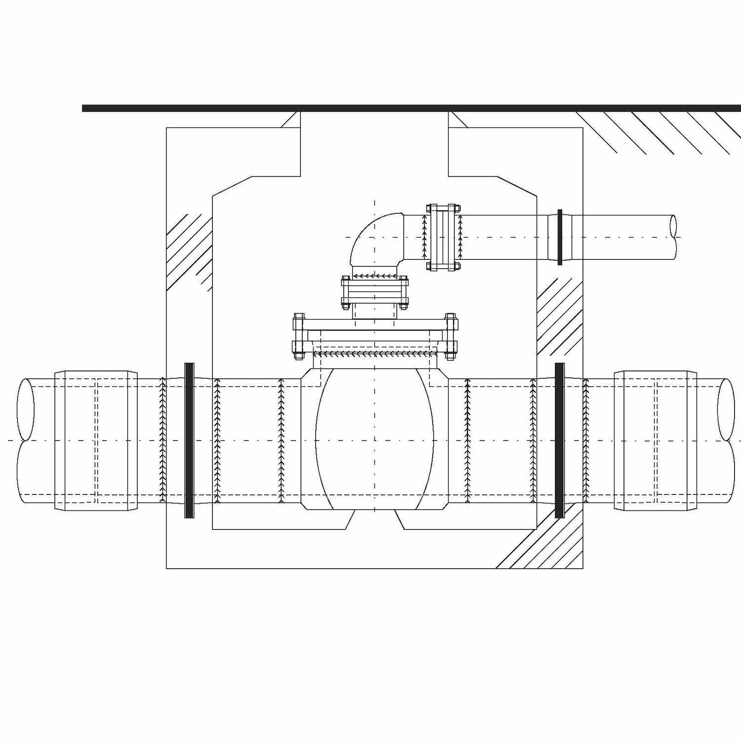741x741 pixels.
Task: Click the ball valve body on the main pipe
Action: [x=374, y=439]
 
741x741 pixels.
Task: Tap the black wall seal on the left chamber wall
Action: [x=189, y=440]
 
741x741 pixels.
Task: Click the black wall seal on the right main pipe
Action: [x=559, y=440]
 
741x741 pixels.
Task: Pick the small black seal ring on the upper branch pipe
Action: [x=560, y=237]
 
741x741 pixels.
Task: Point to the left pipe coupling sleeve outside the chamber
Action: [x=96, y=440]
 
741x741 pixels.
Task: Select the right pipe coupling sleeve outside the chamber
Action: [x=656, y=440]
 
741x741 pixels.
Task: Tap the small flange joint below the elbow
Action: [x=374, y=292]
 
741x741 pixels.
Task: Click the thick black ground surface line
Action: [x=410, y=108]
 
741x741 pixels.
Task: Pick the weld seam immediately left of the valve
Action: [x=281, y=440]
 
